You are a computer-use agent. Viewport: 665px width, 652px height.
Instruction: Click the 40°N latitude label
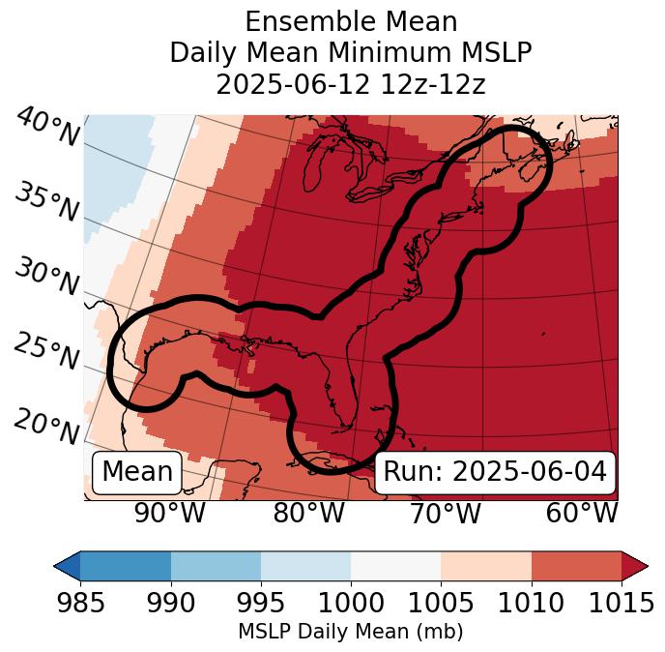[46, 128]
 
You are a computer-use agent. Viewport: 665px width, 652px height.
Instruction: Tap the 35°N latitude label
[46, 202]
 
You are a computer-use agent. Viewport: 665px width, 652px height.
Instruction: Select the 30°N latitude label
[46, 278]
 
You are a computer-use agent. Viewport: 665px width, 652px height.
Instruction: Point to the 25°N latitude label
[46, 352]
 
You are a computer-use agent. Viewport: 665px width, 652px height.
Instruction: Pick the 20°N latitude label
[46, 427]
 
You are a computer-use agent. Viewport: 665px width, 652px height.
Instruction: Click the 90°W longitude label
[169, 514]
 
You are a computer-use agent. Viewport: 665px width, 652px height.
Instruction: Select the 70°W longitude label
[445, 514]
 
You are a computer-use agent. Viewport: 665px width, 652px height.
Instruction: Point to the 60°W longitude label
[582, 514]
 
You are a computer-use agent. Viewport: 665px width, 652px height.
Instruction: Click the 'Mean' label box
[137, 472]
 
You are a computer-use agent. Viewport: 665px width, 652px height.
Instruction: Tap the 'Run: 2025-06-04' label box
[495, 472]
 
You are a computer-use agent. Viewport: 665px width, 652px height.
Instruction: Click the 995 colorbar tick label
[261, 605]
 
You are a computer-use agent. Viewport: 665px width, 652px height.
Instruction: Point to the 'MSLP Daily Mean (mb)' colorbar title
[350, 633]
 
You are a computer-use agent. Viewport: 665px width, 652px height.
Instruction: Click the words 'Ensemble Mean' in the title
[350, 21]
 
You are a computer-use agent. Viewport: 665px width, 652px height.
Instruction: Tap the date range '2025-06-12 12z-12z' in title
[350, 84]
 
